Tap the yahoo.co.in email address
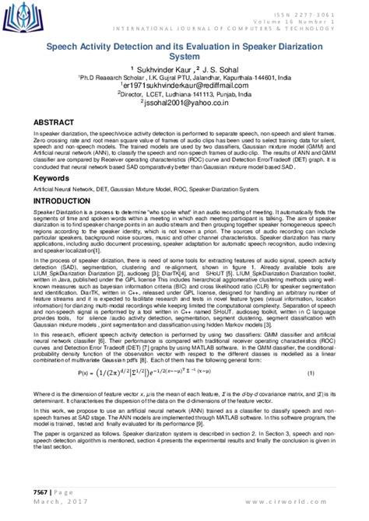[x=184, y=101]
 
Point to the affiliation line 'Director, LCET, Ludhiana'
[x=184, y=93]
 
